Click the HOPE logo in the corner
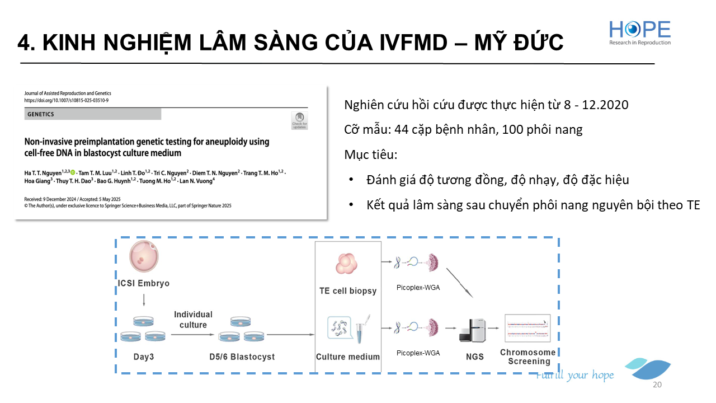tap(640, 32)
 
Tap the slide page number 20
tap(657, 385)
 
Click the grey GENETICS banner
tap(93, 114)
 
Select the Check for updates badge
tap(299, 120)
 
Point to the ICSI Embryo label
tap(144, 283)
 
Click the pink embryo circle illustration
tap(144, 257)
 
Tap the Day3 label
tap(144, 357)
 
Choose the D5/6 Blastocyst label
tap(242, 357)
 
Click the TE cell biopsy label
tap(347, 290)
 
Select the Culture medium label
tap(347, 357)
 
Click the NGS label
tap(475, 356)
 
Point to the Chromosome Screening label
tap(527, 357)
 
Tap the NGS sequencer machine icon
tap(473, 331)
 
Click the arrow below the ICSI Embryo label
tap(144, 300)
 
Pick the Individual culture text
tap(193, 320)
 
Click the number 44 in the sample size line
tap(401, 130)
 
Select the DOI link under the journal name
tap(67, 100)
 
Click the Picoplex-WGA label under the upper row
tap(418, 288)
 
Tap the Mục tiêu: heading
tap(371, 154)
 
